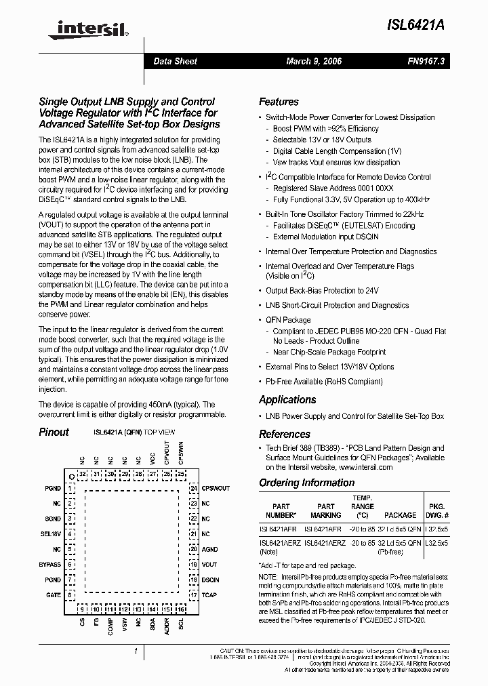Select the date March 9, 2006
314,61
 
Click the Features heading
279,102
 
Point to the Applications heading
287,400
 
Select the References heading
285,434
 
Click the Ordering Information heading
306,483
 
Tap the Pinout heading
54,432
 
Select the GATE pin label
53,595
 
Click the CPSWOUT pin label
216,488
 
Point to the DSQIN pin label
210,580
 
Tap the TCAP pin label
209,595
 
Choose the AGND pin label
209,550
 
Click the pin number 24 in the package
193,488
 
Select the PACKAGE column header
400,515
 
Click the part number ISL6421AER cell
277,529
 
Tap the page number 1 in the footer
136,651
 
